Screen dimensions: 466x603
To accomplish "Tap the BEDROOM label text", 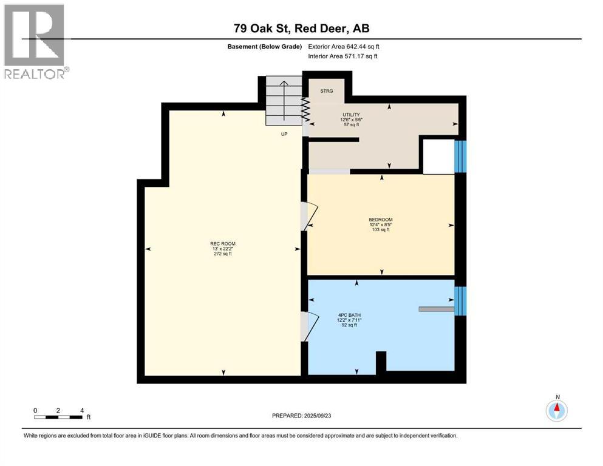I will pyautogui.click(x=381, y=220).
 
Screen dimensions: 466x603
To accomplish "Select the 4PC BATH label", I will pyautogui.click(x=350, y=314).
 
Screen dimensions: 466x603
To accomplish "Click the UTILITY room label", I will pyautogui.click(x=350, y=115).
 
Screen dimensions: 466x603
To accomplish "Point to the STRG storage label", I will pyautogui.click(x=326, y=91).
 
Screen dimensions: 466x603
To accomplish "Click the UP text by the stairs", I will pyautogui.click(x=284, y=133).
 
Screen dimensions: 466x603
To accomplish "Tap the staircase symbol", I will pyautogui.click(x=284, y=101).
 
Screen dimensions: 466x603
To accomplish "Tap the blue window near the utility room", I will pyautogui.click(x=461, y=156).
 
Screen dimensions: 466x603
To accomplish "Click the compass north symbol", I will pyautogui.click(x=556, y=410).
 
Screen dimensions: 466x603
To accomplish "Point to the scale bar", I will pyautogui.click(x=58, y=417).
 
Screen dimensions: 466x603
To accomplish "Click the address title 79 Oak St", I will pyautogui.click(x=301, y=29).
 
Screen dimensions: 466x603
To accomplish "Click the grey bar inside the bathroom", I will pyautogui.click(x=436, y=309).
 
